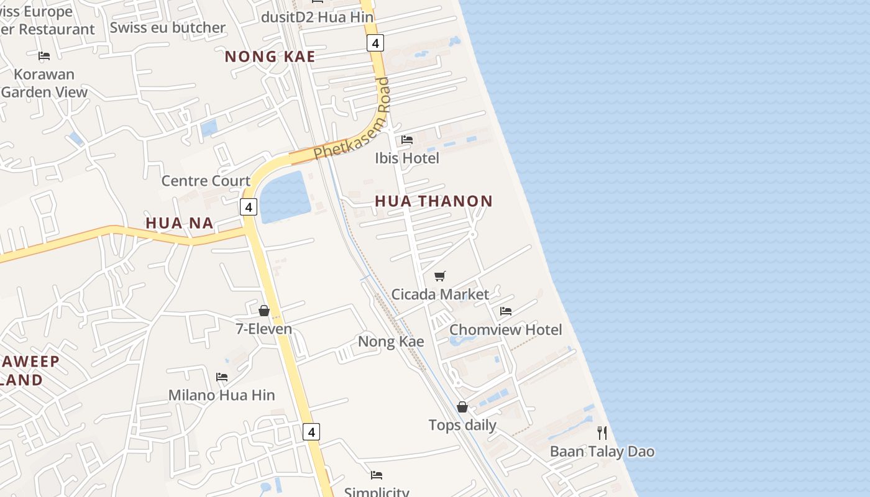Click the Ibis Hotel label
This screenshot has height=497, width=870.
tap(407, 158)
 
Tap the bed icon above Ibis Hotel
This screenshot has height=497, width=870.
tap(407, 139)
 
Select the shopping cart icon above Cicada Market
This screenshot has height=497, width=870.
tap(440, 275)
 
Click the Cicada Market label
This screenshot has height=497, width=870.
tap(440, 294)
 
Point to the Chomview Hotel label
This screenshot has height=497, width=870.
tap(505, 330)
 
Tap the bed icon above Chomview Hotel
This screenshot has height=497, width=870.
tap(506, 311)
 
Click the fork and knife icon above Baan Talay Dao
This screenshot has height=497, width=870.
tap(602, 432)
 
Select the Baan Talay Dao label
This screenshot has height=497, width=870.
tap(602, 452)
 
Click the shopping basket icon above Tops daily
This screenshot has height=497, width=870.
tap(462, 407)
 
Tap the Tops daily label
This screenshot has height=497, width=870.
tap(462, 426)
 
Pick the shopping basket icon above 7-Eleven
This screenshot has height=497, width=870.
tap(264, 310)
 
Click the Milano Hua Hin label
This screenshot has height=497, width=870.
tap(221, 395)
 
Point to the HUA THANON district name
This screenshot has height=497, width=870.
tap(434, 201)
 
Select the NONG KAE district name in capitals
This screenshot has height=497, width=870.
tap(270, 57)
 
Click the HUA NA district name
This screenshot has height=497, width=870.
tap(180, 223)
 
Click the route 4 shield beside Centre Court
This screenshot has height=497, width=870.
tap(249, 207)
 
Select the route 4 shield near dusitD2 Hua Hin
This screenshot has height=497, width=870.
tap(375, 43)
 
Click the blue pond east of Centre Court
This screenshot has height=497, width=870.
tap(285, 196)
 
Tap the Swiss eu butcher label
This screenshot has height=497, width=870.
tap(167, 28)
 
